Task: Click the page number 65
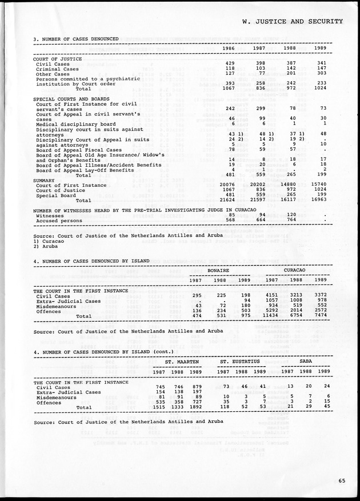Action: pyautogui.click(x=341, y=480)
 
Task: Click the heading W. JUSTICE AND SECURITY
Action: pyautogui.click(x=292, y=22)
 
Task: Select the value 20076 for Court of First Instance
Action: pyautogui.click(x=227, y=185)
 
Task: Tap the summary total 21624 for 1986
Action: pyautogui.click(x=227, y=201)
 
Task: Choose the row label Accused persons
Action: pyautogui.click(x=59, y=221)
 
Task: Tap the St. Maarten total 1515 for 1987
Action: pyautogui.click(x=157, y=407)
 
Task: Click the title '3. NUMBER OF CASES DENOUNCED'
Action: pyautogui.click(x=76, y=39)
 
